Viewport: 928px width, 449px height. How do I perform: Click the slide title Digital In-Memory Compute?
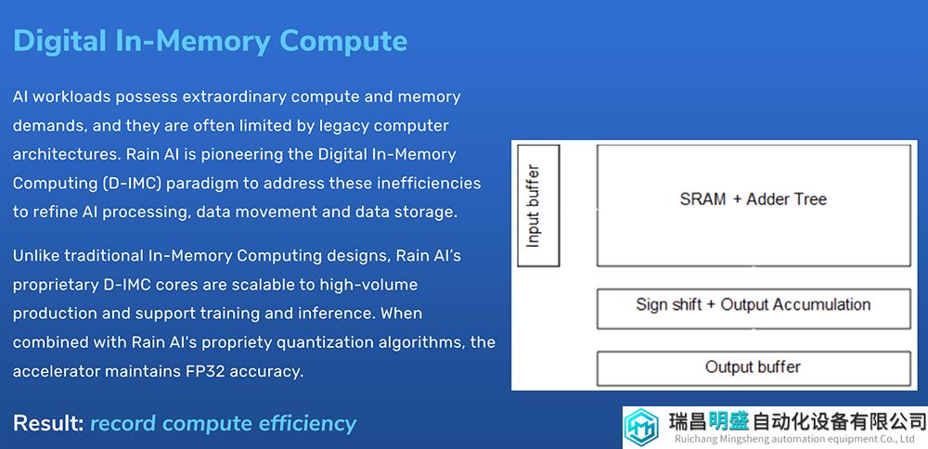point(210,41)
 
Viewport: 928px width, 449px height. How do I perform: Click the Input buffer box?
point(538,205)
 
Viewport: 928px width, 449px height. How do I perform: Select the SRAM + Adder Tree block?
point(754,205)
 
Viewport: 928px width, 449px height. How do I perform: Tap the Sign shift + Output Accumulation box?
point(754,308)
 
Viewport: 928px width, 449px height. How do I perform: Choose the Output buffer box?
point(754,368)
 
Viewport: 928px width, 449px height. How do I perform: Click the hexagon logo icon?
point(641,427)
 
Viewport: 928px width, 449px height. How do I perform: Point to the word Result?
point(48,424)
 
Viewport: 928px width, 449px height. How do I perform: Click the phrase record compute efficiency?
point(223,424)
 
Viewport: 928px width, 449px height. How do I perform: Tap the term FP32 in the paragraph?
point(203,371)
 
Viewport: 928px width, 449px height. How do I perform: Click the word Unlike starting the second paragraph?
point(35,255)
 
